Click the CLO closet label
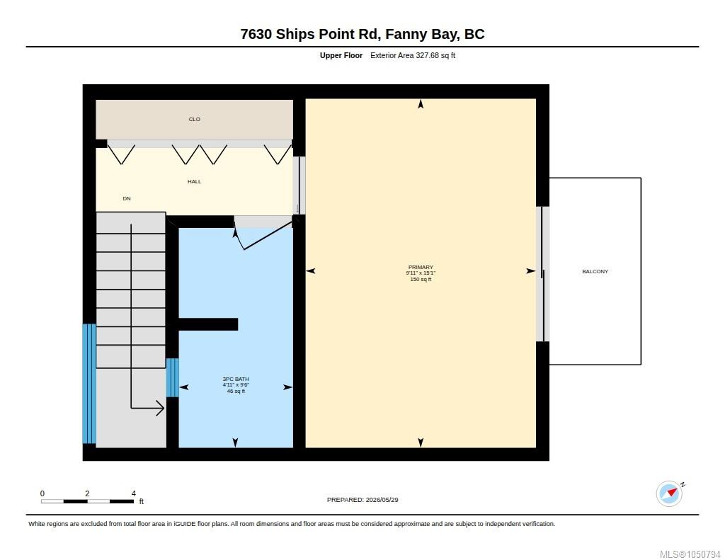point(194,120)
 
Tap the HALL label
point(194,182)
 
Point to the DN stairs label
point(127,198)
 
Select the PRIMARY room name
point(421,268)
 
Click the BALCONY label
point(595,271)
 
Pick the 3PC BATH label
point(236,379)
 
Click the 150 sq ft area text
point(421,280)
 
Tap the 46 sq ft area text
point(236,392)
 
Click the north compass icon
point(670,493)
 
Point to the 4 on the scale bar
point(134,493)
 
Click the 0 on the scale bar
point(42,493)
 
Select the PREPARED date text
point(362,500)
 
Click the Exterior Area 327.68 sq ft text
point(413,55)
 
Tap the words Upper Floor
point(341,55)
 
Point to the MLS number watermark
point(690,554)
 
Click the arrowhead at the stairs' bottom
point(161,408)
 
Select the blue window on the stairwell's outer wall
point(89,384)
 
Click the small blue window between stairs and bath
point(173,377)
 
